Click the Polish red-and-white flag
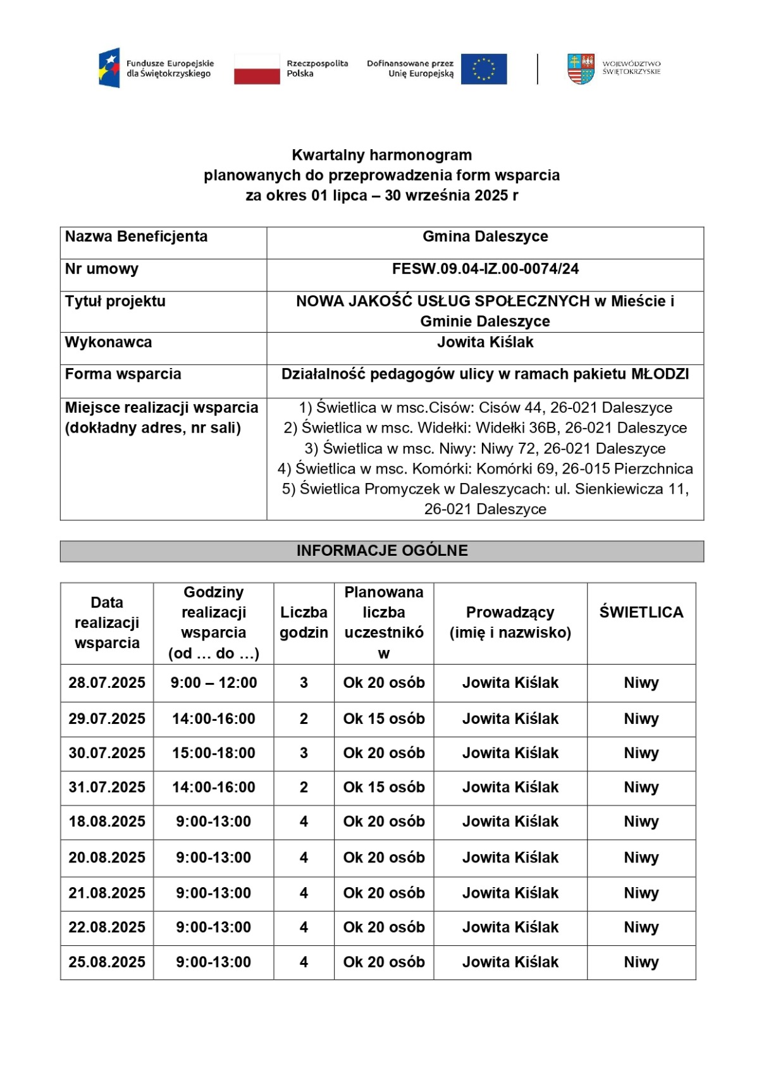click(257, 69)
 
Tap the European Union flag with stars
click(484, 69)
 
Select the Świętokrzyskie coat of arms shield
click(581, 69)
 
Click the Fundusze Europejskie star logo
click(109, 68)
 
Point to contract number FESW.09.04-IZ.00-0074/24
click(485, 269)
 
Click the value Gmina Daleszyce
click(485, 236)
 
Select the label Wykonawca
click(108, 342)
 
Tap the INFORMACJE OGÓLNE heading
click(382, 551)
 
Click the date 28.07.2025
click(107, 683)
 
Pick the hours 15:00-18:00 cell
click(214, 753)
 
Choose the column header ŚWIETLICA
click(641, 612)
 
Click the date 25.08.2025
click(107, 962)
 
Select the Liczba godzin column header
click(304, 622)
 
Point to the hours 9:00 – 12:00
click(214, 683)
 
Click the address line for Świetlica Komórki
click(485, 469)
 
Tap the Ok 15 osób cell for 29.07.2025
click(384, 719)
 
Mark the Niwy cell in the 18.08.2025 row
click(641, 822)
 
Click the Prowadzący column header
click(510, 622)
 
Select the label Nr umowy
click(102, 269)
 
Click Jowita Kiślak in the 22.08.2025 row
click(510, 928)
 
